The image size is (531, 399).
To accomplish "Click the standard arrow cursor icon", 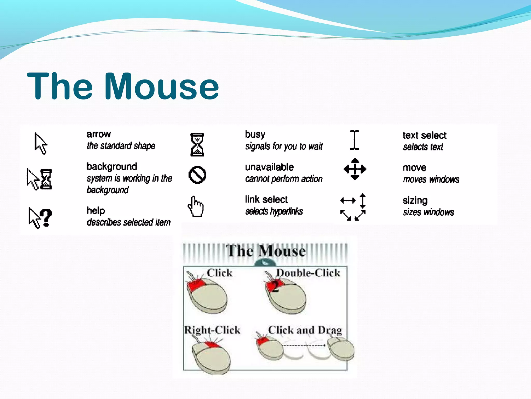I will coord(40,143).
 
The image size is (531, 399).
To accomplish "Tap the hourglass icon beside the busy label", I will coord(197,144).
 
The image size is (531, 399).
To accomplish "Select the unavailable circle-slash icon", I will coord(197,175).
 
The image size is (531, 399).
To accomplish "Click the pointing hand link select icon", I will coord(196,207).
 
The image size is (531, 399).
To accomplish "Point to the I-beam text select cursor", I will coord(354,140).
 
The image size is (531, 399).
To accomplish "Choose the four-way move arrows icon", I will coord(355,169).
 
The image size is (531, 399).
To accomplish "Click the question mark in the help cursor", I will coord(47,218).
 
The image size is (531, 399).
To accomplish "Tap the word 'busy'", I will coord(255,135).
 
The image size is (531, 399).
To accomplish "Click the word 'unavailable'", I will coord(269,167).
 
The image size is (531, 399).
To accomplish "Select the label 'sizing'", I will coord(415,201).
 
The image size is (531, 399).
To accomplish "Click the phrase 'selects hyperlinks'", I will coord(274,211).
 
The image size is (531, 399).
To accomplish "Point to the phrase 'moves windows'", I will coord(431,179).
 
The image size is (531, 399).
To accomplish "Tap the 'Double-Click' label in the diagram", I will coord(308,273).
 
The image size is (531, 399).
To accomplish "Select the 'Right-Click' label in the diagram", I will coord(212,330).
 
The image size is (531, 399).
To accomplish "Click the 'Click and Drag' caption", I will coord(305,330).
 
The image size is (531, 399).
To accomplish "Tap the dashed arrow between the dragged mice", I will coord(304,345).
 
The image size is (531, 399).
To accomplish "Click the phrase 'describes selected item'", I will coord(129,222).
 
